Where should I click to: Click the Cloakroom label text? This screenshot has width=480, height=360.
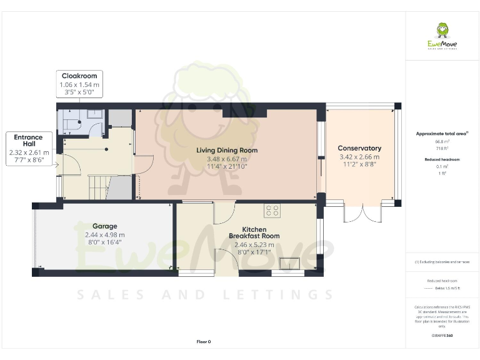tap(79, 76)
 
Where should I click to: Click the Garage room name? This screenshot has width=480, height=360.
tap(105, 226)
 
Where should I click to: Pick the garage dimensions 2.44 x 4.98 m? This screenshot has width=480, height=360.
tap(105, 234)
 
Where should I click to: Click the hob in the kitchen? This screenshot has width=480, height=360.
tap(272, 211)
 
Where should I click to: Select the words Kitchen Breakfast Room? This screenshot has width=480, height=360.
tap(254, 232)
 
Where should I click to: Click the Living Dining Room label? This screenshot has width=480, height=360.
tap(227, 150)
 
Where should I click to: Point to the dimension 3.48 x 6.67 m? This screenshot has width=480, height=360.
tap(227, 159)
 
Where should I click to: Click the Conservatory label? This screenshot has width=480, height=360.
tap(359, 148)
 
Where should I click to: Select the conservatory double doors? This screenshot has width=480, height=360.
tap(362, 214)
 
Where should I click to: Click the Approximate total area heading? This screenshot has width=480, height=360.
tap(441, 133)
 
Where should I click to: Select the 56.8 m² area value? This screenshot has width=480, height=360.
tap(441, 142)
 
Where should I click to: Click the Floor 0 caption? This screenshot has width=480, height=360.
tap(204, 341)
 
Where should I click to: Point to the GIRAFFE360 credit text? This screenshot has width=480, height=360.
tap(441, 336)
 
